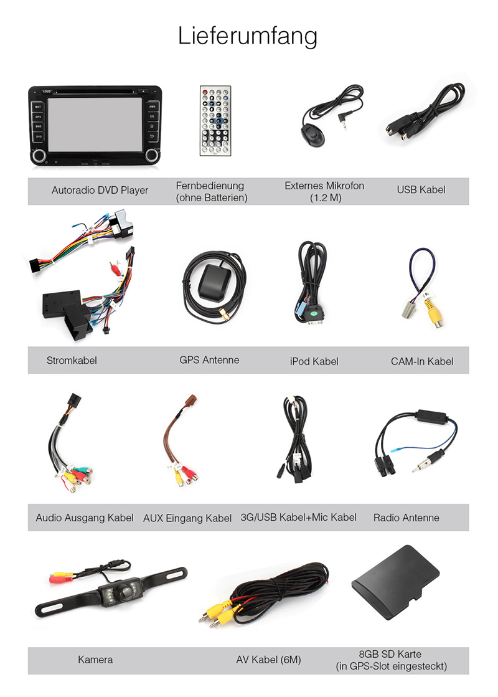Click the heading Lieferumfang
click(x=247, y=36)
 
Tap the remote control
click(x=215, y=121)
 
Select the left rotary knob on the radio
click(x=39, y=155)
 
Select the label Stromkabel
click(x=72, y=360)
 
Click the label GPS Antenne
click(x=209, y=359)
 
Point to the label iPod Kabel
click(x=314, y=361)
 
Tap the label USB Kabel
click(x=421, y=189)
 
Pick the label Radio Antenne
click(x=406, y=518)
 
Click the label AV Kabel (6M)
click(x=268, y=659)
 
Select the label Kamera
click(x=95, y=659)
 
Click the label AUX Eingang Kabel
click(x=187, y=518)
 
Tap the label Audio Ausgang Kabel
click(x=85, y=518)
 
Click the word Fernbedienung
click(x=210, y=186)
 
